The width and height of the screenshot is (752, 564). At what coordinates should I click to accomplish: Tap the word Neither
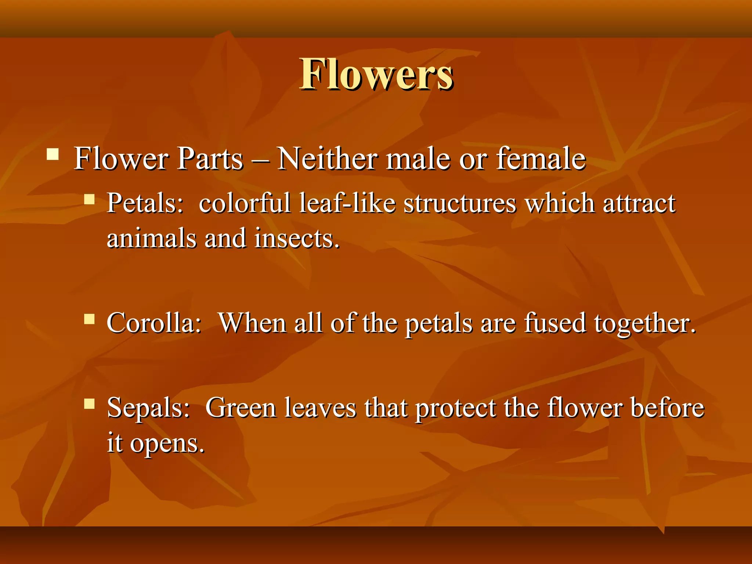327,159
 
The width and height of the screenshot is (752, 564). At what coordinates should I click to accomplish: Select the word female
540,159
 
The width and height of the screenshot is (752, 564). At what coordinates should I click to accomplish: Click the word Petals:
145,203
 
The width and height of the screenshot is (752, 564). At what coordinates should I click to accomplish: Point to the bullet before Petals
89,199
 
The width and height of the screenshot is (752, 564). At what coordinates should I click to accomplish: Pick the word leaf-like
347,203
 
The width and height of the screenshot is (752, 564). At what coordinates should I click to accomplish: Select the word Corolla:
154,323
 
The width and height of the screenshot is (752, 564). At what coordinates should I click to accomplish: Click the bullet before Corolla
89,319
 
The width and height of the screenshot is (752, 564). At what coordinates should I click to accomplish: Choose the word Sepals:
148,408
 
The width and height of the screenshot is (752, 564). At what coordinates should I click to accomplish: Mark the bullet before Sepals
89,404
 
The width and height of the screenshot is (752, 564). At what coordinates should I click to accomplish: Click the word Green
241,408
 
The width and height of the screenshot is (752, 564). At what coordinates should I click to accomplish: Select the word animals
151,238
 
